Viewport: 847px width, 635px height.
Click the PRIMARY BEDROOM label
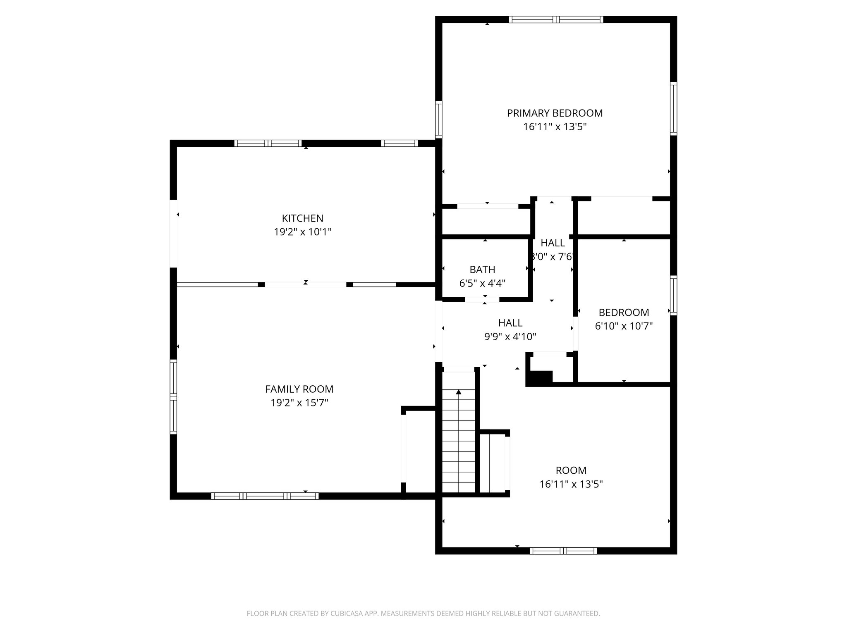pyautogui.click(x=555, y=113)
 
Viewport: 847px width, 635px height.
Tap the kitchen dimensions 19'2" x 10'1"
pyautogui.click(x=302, y=232)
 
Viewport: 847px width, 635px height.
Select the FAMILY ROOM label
pyautogui.click(x=299, y=389)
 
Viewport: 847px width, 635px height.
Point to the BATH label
pyautogui.click(x=482, y=270)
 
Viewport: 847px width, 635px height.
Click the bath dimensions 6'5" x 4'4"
pyautogui.click(x=482, y=283)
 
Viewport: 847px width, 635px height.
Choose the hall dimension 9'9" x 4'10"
pyautogui.click(x=510, y=337)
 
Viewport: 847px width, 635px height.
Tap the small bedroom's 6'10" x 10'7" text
pyautogui.click(x=623, y=326)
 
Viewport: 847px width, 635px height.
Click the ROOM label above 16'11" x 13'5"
pyautogui.click(x=571, y=470)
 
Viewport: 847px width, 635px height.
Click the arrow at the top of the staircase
pyautogui.click(x=458, y=392)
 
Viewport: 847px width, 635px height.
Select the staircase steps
pyautogui.click(x=459, y=446)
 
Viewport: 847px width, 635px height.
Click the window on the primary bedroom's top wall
pyautogui.click(x=556, y=19)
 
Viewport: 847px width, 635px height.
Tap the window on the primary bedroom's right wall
pyautogui.click(x=673, y=108)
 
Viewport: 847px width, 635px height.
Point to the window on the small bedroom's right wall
pyautogui.click(x=673, y=295)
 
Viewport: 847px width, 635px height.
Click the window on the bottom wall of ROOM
pyautogui.click(x=563, y=551)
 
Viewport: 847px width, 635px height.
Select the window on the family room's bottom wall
pyautogui.click(x=265, y=496)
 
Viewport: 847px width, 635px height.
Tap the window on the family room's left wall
pyautogui.click(x=173, y=396)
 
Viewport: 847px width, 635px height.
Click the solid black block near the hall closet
pyautogui.click(x=540, y=378)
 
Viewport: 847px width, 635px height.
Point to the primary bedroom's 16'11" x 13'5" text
pyautogui.click(x=555, y=127)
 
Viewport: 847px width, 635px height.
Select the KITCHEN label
pyautogui.click(x=302, y=218)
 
